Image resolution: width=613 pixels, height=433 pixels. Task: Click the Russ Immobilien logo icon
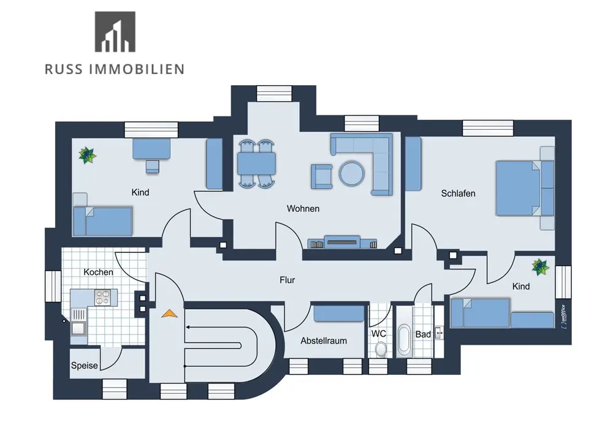(x=115, y=32)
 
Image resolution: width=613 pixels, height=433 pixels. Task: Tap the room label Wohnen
(x=303, y=209)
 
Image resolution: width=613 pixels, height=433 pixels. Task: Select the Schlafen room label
(x=458, y=194)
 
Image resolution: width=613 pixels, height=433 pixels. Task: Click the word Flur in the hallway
(x=287, y=280)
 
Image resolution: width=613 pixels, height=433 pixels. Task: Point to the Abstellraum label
(x=324, y=341)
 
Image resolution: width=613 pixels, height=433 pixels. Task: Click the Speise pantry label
(x=85, y=366)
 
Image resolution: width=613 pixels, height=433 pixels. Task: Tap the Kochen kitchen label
(x=99, y=272)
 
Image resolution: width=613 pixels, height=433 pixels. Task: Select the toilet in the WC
(x=381, y=349)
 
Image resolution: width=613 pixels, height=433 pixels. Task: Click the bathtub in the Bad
(x=404, y=341)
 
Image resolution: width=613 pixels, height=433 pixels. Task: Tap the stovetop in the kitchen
(x=103, y=297)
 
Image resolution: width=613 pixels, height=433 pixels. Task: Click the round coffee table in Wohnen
(x=352, y=173)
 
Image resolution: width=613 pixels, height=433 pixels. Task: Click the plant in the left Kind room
(x=87, y=154)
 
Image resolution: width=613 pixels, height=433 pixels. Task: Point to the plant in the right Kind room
(x=540, y=266)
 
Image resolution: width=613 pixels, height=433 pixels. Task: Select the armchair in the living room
(x=321, y=175)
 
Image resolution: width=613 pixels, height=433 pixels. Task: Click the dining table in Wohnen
(x=256, y=164)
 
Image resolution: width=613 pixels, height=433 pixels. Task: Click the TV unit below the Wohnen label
(x=340, y=243)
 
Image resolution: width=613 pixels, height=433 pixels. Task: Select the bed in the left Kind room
(x=102, y=220)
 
